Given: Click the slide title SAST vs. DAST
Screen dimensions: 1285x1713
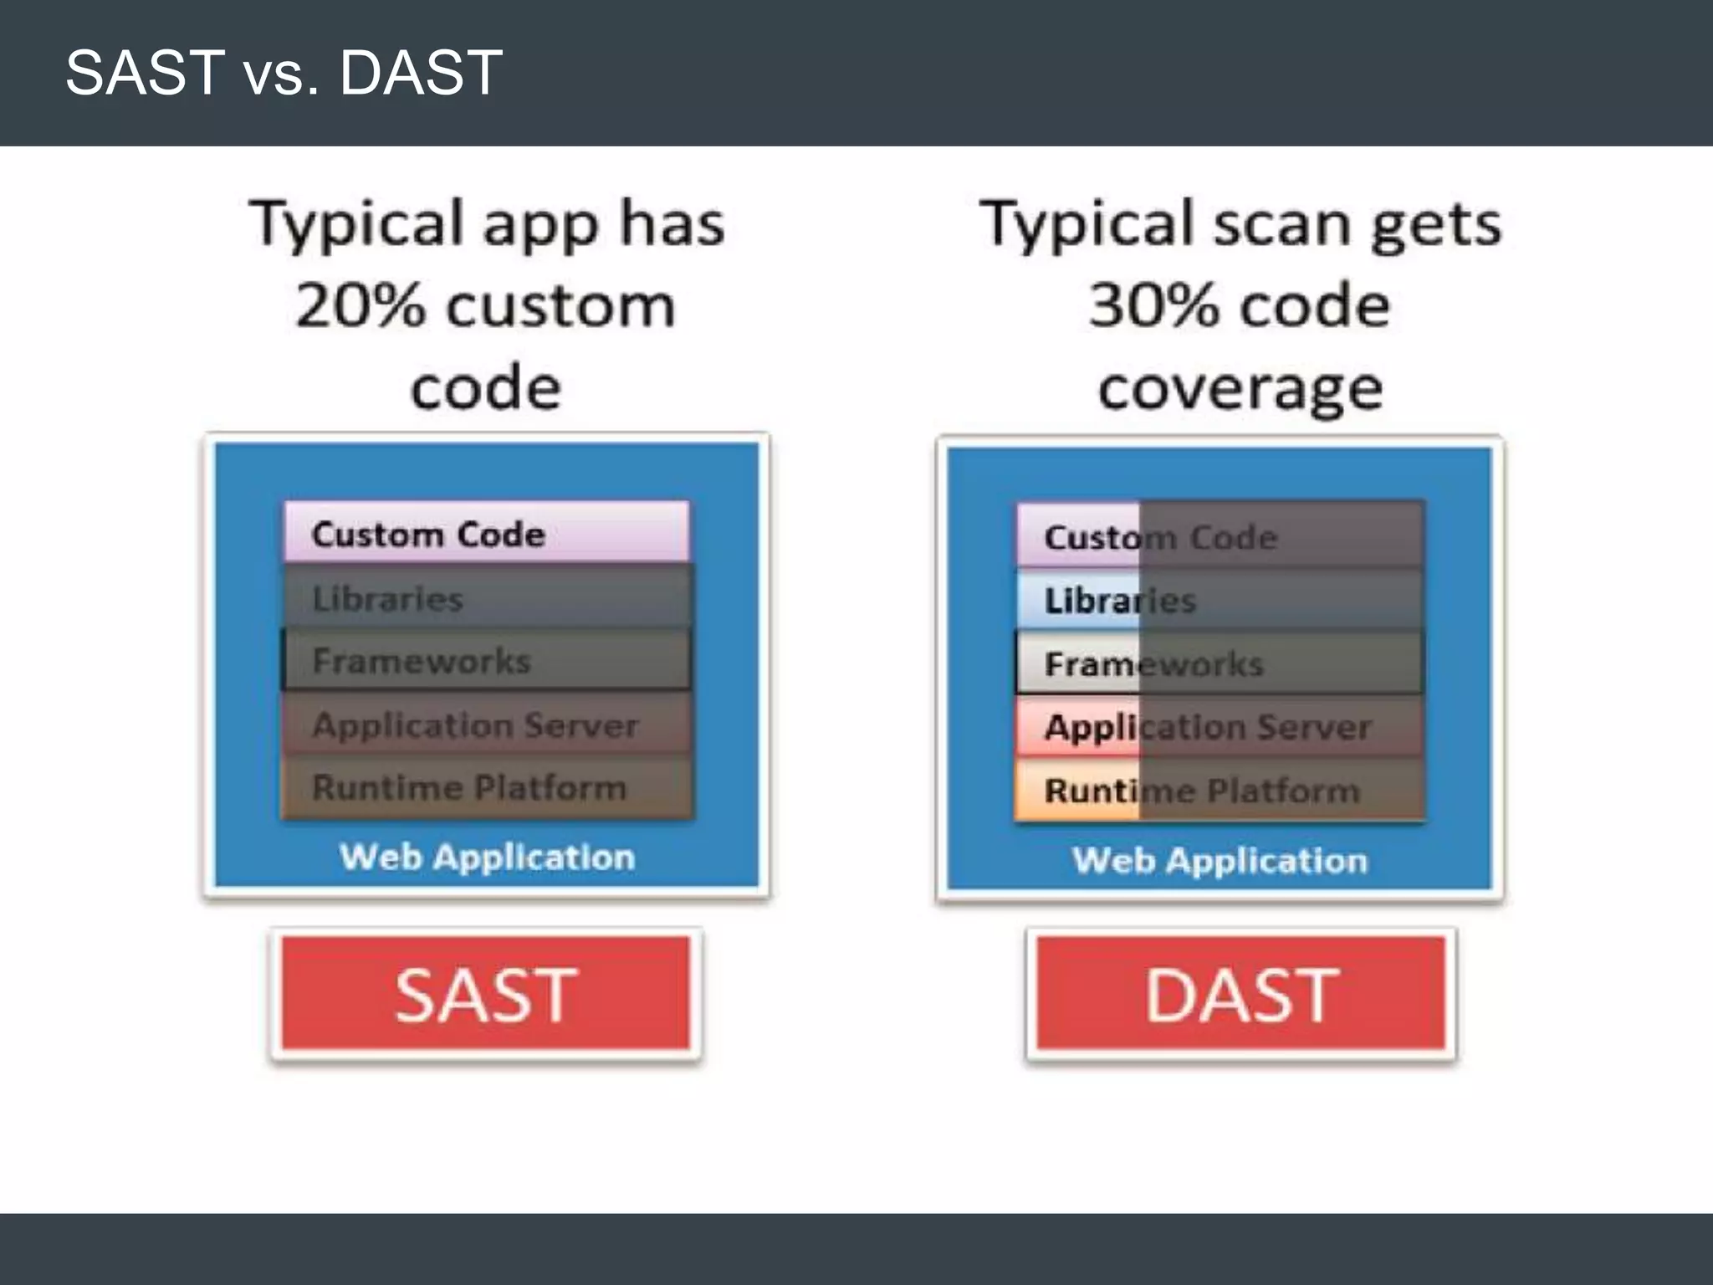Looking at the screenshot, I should click(x=284, y=73).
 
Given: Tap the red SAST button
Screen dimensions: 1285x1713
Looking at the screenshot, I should click(x=486, y=994).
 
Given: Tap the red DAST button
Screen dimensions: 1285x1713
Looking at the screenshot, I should click(x=1241, y=994).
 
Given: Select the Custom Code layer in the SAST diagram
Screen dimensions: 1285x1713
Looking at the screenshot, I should click(x=487, y=533).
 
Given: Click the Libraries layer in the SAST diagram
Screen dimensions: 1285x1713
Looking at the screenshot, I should click(x=487, y=597).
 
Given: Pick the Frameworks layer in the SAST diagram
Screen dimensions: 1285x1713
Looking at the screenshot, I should click(x=487, y=661).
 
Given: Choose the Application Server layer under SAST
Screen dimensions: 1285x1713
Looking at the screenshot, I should click(x=487, y=724).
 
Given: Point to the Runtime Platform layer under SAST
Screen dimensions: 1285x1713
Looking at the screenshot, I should click(x=487, y=787).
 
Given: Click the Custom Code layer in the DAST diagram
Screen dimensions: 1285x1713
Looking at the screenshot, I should click(x=1220, y=536).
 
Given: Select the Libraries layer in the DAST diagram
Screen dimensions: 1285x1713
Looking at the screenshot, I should click(x=1220, y=600).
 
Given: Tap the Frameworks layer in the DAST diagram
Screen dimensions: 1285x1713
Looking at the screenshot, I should click(x=1220, y=663).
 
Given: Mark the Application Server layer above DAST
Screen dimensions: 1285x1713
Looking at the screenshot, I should click(x=1220, y=727).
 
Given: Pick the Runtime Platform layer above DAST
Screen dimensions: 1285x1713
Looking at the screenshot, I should click(x=1220, y=790).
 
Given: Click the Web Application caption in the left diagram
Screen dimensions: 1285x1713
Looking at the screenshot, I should click(x=487, y=857).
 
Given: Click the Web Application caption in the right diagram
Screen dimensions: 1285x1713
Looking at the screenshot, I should click(x=1220, y=860).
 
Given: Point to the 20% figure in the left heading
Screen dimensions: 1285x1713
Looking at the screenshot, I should click(x=360, y=305).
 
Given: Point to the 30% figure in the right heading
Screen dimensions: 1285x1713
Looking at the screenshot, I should click(x=1154, y=305).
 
